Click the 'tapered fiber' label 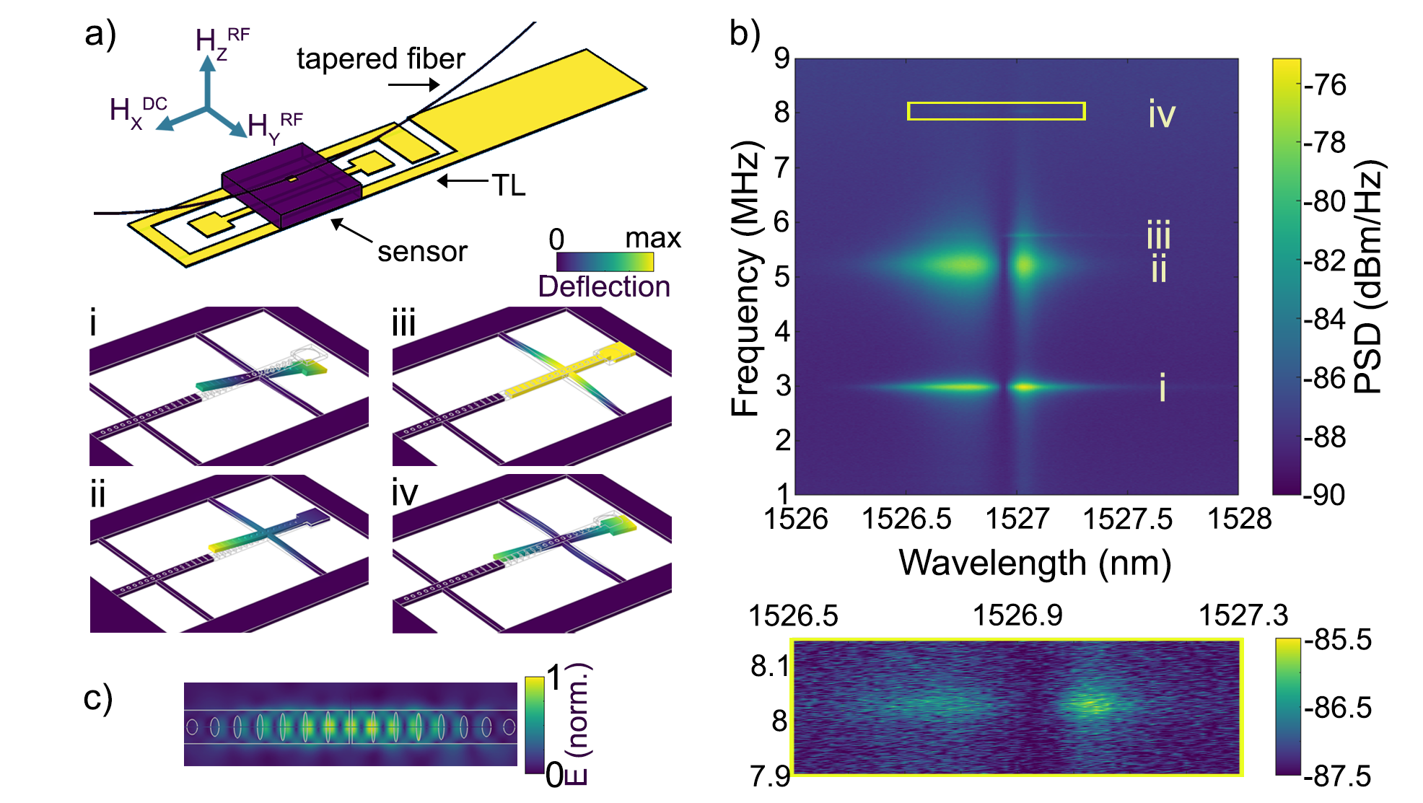[x=380, y=59]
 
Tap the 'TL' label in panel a [x=508, y=185]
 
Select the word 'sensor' [x=422, y=252]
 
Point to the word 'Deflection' [x=604, y=286]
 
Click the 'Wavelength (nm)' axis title [x=1034, y=563]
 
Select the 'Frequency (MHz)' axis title [x=745, y=278]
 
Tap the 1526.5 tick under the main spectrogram [x=906, y=519]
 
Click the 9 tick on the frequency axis [x=781, y=58]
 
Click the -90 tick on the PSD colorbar [x=1325, y=495]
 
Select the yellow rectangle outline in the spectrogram [x=996, y=103]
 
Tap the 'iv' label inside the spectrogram [x=1162, y=114]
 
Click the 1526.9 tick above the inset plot [x=1017, y=615]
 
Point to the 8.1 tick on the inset [x=770, y=666]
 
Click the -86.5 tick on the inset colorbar [x=1337, y=708]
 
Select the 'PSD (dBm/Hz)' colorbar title [x=1367, y=277]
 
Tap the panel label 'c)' [x=98, y=698]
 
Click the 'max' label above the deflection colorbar [x=652, y=238]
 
